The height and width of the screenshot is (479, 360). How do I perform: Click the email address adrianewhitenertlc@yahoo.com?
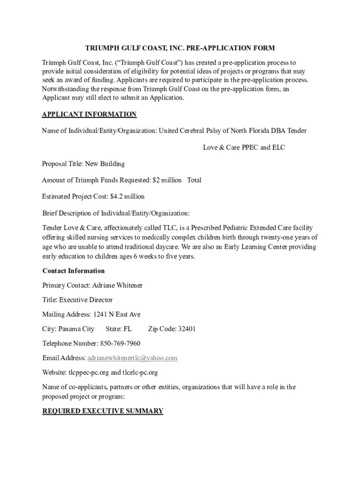[132, 358]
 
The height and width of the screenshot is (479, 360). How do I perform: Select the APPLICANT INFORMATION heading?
[89, 115]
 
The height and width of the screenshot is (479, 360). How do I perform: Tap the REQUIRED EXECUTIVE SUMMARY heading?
[103, 411]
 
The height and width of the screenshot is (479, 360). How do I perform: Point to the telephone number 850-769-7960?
[120, 343]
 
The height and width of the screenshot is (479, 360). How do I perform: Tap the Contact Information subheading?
[73, 271]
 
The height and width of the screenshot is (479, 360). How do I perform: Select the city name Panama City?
[77, 329]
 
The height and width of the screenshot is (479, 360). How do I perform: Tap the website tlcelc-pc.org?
[140, 372]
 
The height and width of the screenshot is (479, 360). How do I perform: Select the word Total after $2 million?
[194, 180]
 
